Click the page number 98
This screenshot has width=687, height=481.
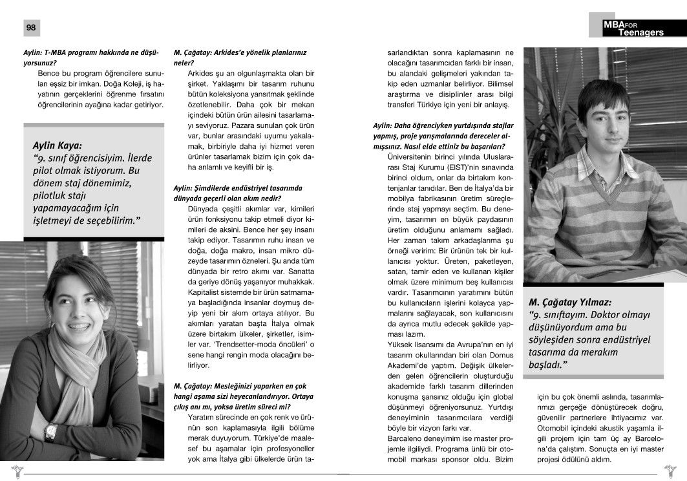(31, 28)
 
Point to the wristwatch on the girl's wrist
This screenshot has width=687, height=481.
(51, 431)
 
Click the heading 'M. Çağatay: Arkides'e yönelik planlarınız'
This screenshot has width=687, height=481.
(240, 52)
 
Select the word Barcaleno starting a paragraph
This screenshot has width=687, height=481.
(405, 438)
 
